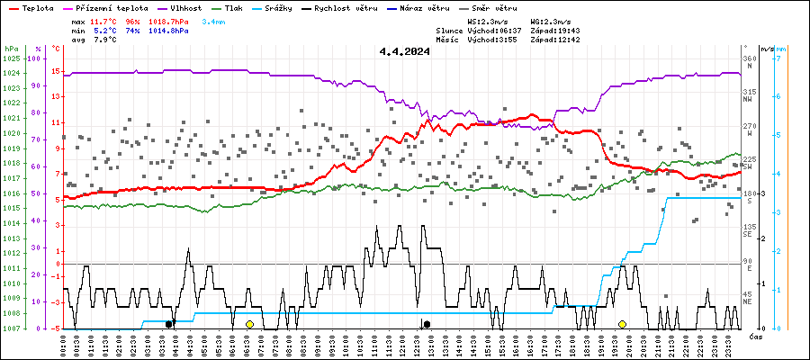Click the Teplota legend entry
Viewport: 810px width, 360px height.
pyautogui.click(x=36, y=7)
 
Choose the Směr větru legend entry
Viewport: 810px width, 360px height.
pyautogui.click(x=500, y=7)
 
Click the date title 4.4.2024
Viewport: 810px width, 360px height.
pyautogui.click(x=404, y=51)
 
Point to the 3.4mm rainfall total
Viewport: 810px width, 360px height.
pyautogui.click(x=212, y=20)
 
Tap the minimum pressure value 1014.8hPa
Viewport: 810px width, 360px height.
pyautogui.click(x=170, y=30)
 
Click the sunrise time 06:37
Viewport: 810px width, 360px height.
pyautogui.click(x=509, y=30)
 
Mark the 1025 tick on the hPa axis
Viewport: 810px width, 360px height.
pyautogui.click(x=11, y=58)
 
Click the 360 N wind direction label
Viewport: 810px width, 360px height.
pyautogui.click(x=747, y=62)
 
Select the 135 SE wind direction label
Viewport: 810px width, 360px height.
pyautogui.click(x=747, y=230)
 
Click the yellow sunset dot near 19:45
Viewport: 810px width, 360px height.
pyautogui.click(x=622, y=324)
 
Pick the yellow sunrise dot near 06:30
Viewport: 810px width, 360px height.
pyautogui.click(x=249, y=324)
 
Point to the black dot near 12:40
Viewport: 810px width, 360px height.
pyautogui.click(x=427, y=324)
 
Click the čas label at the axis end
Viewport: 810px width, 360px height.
pyautogui.click(x=756, y=336)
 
